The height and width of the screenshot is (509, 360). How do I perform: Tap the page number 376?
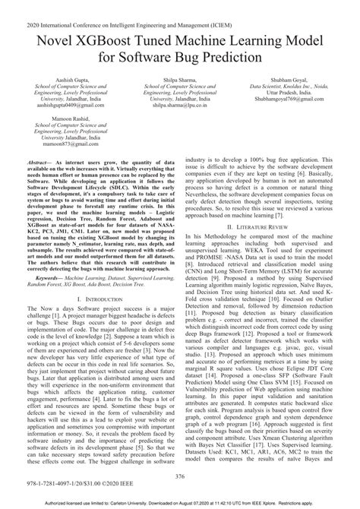180,476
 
